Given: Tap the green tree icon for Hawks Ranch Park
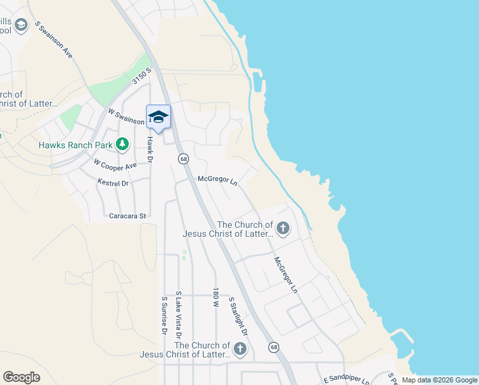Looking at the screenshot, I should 122,144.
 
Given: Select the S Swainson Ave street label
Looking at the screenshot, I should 54,40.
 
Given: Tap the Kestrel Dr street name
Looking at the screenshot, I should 113,183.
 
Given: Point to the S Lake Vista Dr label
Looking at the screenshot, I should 179,314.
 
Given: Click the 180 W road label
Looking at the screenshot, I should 216,298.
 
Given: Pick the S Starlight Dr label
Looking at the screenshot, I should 238,316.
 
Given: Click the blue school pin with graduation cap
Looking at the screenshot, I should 158,117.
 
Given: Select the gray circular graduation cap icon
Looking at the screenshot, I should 21,25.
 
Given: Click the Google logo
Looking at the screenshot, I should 21,377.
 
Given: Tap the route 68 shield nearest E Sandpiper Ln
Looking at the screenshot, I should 274,347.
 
